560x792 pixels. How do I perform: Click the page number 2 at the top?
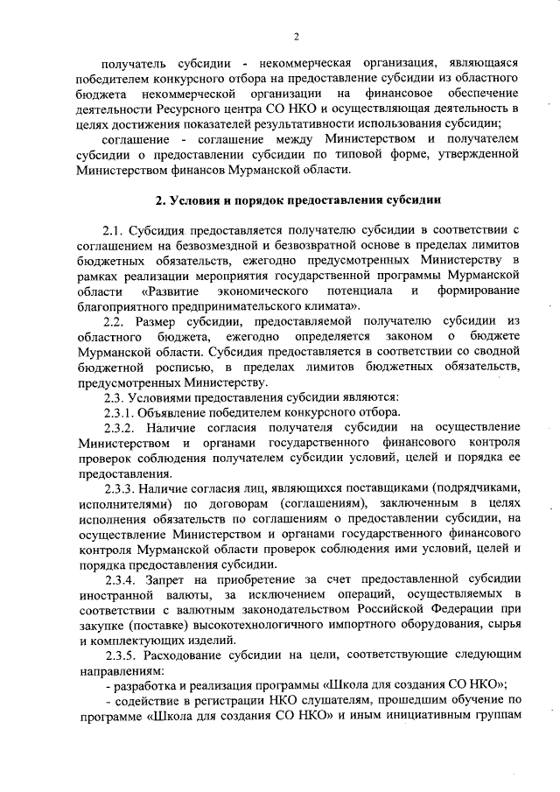[297, 36]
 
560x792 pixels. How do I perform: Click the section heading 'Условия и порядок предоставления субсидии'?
[297, 200]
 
